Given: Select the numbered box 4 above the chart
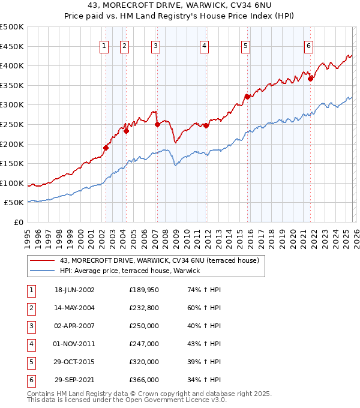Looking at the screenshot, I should [x=205, y=46].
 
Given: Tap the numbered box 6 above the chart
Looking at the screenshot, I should [x=308, y=46].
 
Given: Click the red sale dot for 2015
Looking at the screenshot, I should [x=247, y=96].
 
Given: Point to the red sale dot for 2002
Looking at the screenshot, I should [x=106, y=148].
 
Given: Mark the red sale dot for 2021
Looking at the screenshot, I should [x=310, y=78].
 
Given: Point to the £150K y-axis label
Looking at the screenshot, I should [x=12, y=163].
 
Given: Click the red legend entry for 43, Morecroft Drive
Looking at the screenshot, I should [x=159, y=260].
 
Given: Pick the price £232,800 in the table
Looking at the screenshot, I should [x=143, y=308].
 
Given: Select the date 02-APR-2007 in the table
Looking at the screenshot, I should [x=74, y=326].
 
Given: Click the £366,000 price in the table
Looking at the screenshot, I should [x=143, y=380].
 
